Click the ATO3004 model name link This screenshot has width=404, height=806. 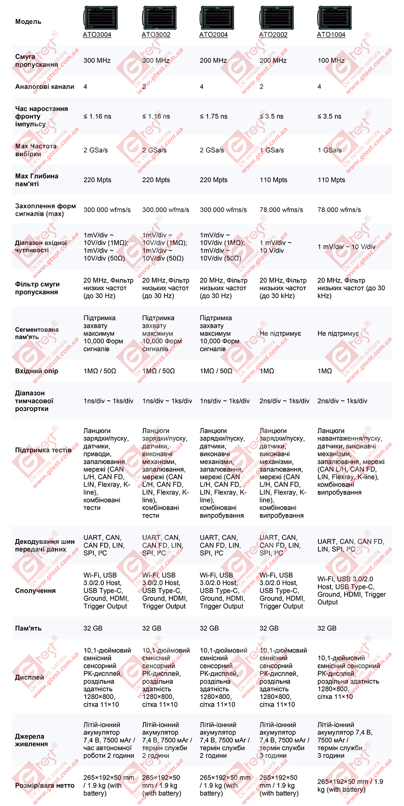click(x=97, y=35)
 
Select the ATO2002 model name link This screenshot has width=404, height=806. click(x=273, y=35)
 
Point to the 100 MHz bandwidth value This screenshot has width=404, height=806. click(x=331, y=61)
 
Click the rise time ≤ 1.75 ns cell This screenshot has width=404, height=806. click(x=213, y=116)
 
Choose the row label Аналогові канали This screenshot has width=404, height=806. click(x=44, y=87)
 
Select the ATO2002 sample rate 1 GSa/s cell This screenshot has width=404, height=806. click(x=271, y=150)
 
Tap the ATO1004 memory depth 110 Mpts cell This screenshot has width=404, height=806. click(x=331, y=180)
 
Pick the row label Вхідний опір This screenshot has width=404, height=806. click(x=36, y=371)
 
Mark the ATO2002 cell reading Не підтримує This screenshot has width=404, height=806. click(x=280, y=334)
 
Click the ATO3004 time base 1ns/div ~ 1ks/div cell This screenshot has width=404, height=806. click(x=108, y=401)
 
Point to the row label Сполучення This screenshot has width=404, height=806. click(x=35, y=590)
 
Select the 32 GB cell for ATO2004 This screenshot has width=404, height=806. click(x=209, y=628)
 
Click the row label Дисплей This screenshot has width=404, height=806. click(x=29, y=677)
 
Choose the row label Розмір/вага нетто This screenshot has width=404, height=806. click(x=44, y=785)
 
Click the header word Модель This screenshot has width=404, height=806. click(x=28, y=22)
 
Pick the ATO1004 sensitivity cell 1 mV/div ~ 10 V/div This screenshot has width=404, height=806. click(x=346, y=247)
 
